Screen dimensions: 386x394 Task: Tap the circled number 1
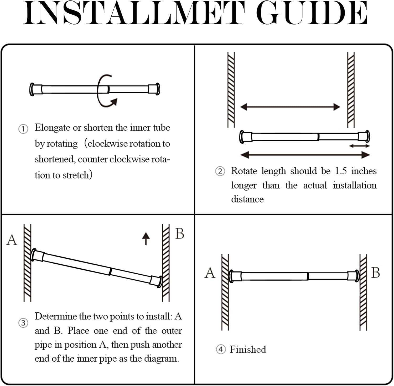pyautogui.click(x=23, y=129)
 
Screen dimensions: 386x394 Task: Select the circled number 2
pyautogui.click(x=220, y=171)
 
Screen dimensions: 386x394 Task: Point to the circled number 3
pyautogui.click(x=23, y=323)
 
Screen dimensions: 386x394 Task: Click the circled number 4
pyautogui.click(x=221, y=349)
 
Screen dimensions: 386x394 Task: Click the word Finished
pyautogui.click(x=248, y=349)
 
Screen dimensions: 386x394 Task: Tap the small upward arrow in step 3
pyautogui.click(x=146, y=238)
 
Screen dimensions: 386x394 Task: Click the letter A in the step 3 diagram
pyautogui.click(x=12, y=240)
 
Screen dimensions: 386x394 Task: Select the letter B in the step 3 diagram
pyautogui.click(x=180, y=234)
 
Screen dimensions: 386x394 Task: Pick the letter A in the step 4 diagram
pyautogui.click(x=210, y=273)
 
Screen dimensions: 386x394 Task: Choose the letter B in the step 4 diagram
pyautogui.click(x=376, y=273)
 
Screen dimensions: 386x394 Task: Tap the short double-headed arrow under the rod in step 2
pyautogui.click(x=359, y=146)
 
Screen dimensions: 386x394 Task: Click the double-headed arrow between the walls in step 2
pyautogui.click(x=290, y=107)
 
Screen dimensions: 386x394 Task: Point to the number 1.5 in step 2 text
pyautogui.click(x=341, y=171)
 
